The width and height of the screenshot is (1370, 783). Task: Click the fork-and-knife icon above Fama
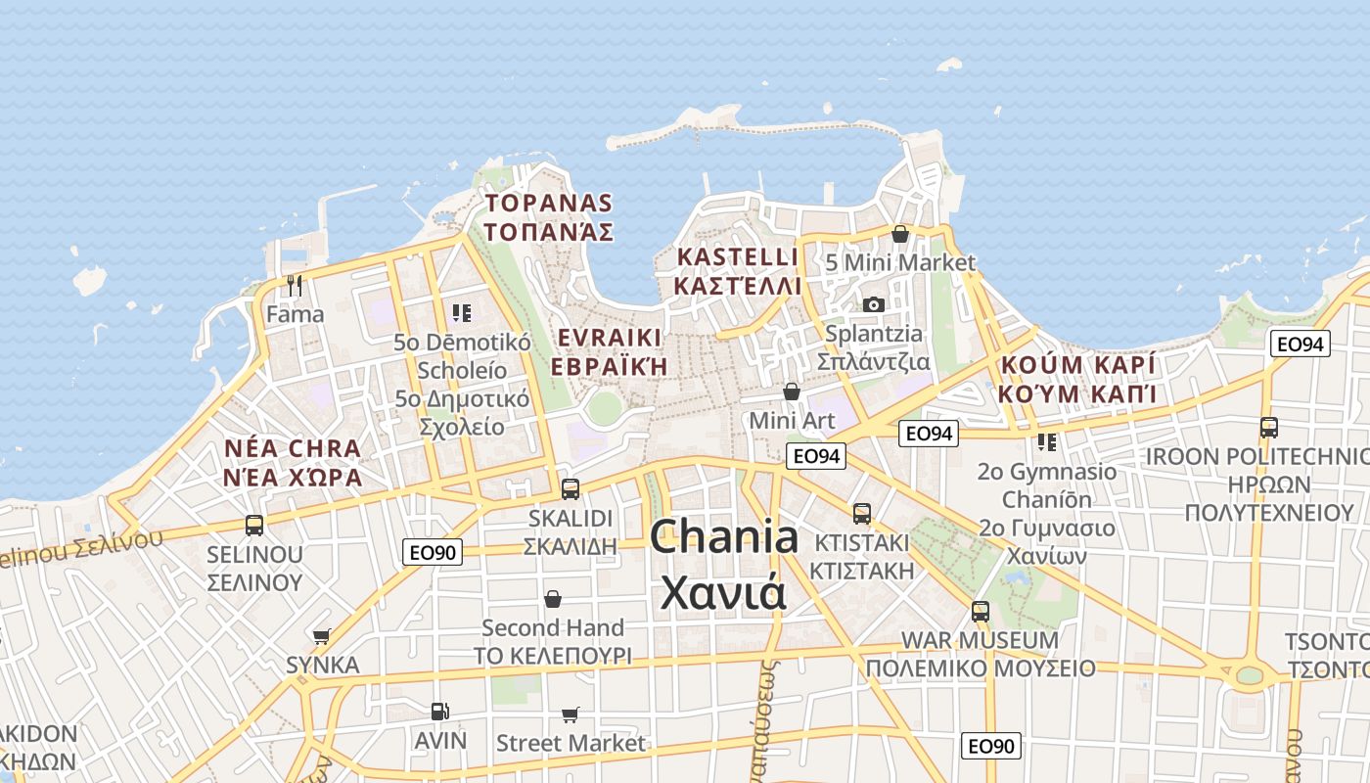[x=295, y=286]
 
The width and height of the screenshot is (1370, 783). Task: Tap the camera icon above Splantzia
[x=874, y=304]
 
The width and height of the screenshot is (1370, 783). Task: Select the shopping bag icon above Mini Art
[x=792, y=391]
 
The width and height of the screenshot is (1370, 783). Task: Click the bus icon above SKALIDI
[x=571, y=488]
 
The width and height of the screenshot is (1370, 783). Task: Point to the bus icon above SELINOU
[x=254, y=525]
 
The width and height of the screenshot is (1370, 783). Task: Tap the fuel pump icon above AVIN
[x=440, y=712]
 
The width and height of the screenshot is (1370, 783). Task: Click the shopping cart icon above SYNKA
[x=322, y=636]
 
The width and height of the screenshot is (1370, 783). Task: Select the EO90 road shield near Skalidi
[x=432, y=553]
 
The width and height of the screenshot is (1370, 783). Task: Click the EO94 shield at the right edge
[x=1301, y=344]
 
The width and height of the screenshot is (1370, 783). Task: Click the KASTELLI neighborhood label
[x=738, y=256]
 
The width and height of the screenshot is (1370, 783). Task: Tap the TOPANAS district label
[x=549, y=204]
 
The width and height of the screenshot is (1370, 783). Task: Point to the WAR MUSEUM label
[x=980, y=640]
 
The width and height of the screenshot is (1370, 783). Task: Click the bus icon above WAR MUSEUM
[x=981, y=612]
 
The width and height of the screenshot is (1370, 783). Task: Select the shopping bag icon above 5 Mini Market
[x=900, y=234]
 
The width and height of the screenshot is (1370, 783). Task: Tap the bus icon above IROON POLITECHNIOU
[x=1269, y=428]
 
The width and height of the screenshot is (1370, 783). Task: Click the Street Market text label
[x=571, y=743]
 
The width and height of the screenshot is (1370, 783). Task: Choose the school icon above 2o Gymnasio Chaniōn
[x=1047, y=442]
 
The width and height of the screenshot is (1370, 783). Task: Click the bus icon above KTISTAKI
[x=862, y=513]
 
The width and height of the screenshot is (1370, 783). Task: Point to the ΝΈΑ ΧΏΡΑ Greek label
[x=293, y=478]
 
